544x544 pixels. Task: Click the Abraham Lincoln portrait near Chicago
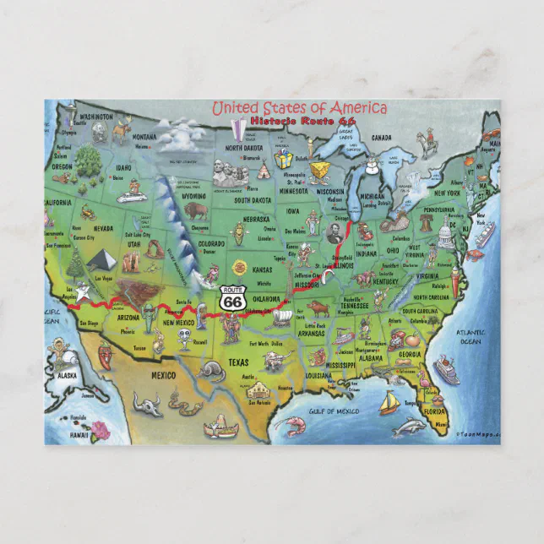click(335, 226)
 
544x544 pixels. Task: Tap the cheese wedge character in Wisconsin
click(319, 171)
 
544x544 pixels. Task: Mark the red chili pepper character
click(105, 354)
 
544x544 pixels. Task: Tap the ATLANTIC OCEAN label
click(471, 336)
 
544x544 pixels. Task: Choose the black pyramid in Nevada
click(101, 261)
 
